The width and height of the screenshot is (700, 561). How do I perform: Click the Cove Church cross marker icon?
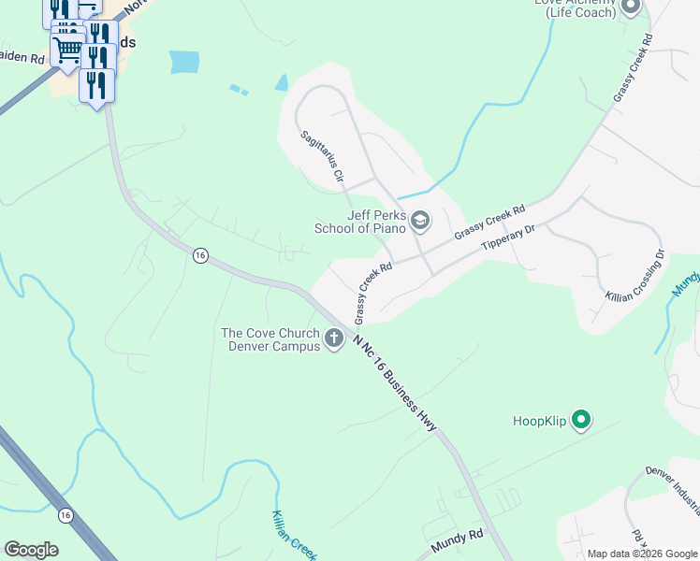pyautogui.click(x=334, y=336)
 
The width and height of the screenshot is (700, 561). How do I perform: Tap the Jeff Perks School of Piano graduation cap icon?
pyautogui.click(x=420, y=222)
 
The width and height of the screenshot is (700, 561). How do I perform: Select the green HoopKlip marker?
pyautogui.click(x=581, y=421)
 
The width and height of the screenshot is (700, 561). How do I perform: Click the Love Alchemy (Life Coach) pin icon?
pyautogui.click(x=630, y=7)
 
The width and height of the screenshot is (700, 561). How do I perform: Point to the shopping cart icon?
pyautogui.click(x=67, y=50)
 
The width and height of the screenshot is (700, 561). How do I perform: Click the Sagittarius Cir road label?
pyautogui.click(x=323, y=155)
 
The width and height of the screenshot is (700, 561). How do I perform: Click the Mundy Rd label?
pyautogui.click(x=456, y=539)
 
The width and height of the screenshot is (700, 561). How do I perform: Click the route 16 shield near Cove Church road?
pyautogui.click(x=199, y=255)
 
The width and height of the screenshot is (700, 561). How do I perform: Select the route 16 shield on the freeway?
pyautogui.click(x=65, y=515)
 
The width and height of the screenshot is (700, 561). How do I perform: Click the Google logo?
pyautogui.click(x=31, y=550)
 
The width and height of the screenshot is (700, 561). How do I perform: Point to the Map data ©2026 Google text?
pyautogui.click(x=643, y=554)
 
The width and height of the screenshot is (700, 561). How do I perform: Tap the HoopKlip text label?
pyautogui.click(x=541, y=421)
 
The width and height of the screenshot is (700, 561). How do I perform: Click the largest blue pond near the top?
pyautogui.click(x=184, y=62)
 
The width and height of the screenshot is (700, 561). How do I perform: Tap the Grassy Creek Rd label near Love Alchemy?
pyautogui.click(x=632, y=71)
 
